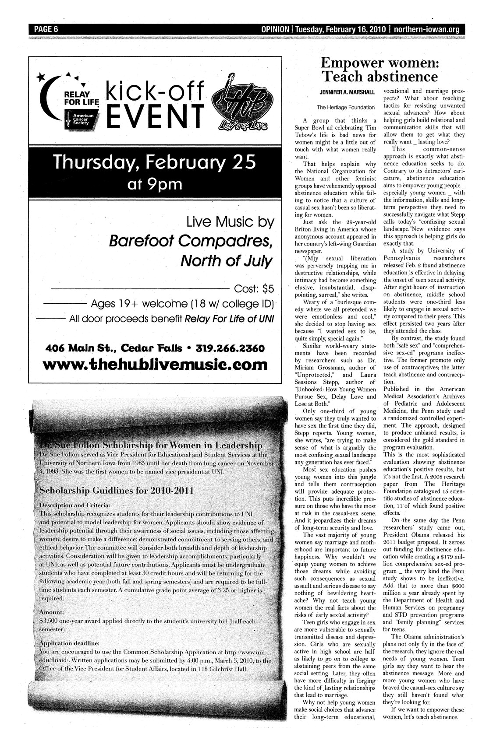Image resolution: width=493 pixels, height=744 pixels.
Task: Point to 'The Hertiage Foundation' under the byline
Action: [346, 107]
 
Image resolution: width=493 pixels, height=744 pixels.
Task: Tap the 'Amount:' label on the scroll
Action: [52, 611]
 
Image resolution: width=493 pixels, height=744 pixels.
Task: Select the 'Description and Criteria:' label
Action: [74, 505]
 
